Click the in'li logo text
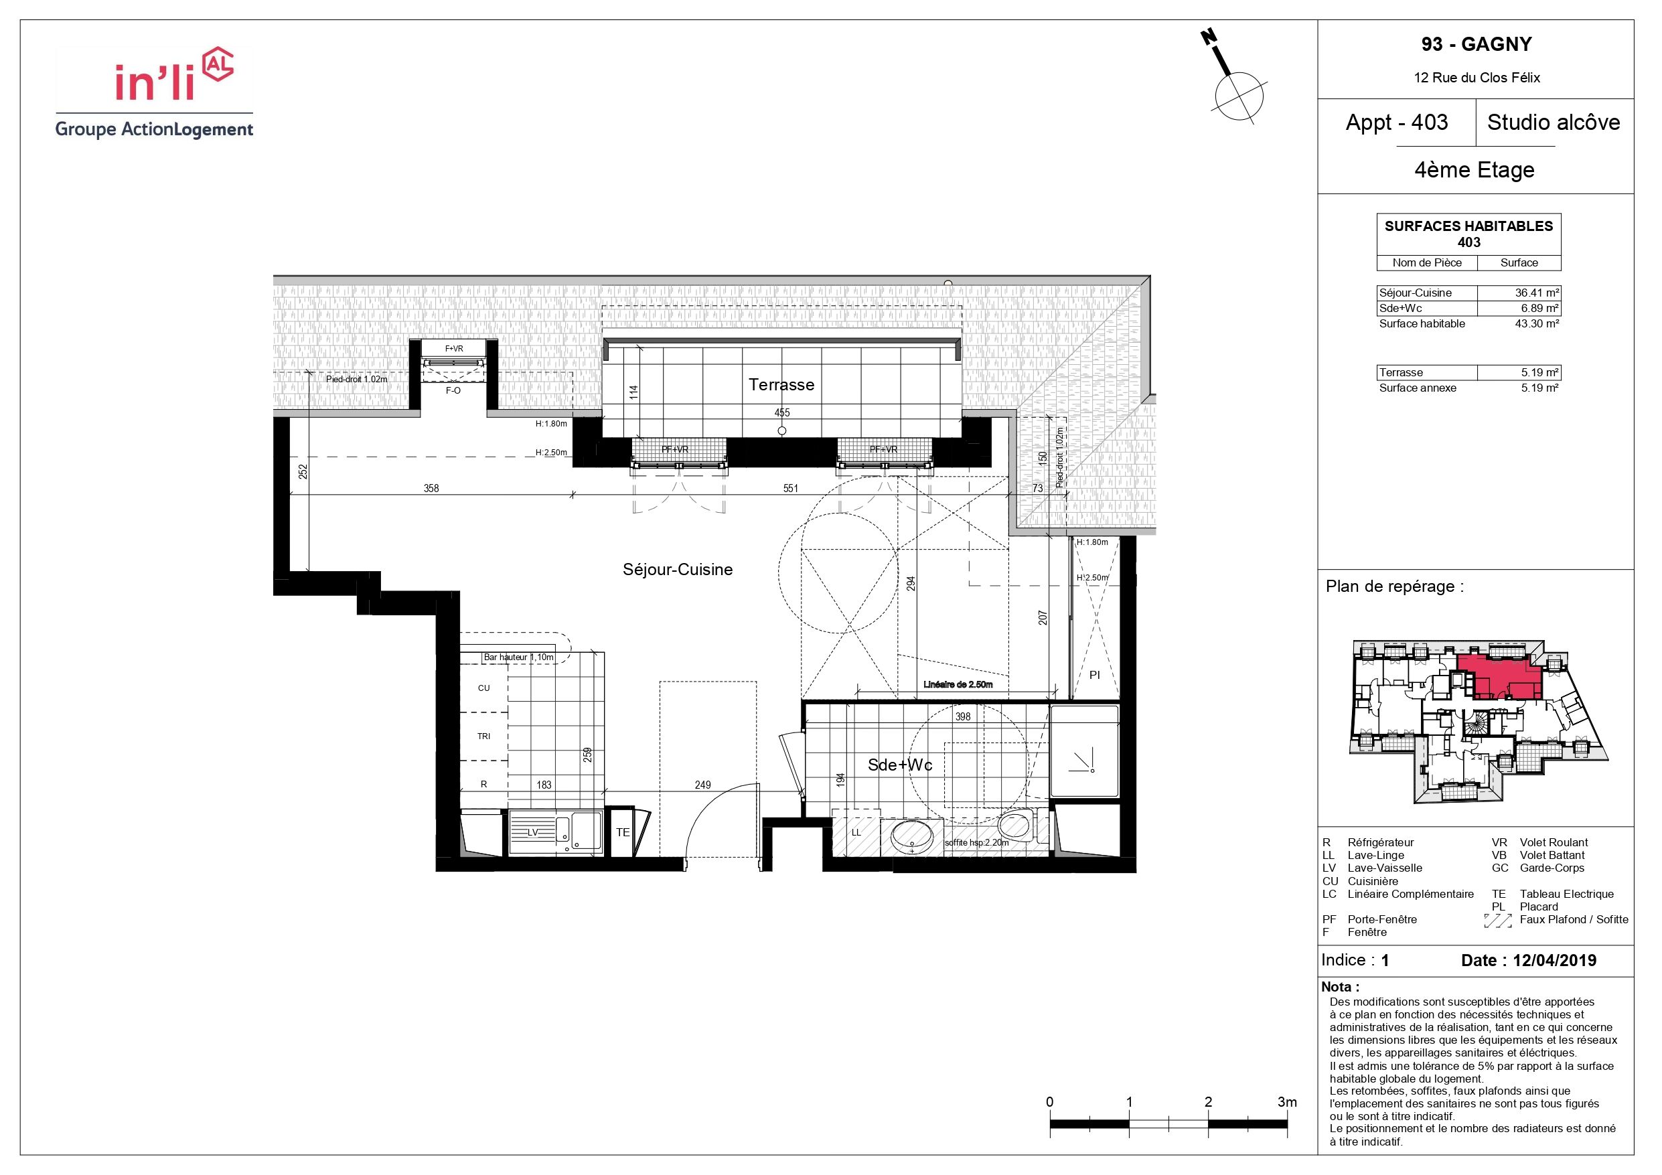[155, 82]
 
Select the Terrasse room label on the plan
[781, 384]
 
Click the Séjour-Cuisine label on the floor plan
[678, 570]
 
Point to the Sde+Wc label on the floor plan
[900, 765]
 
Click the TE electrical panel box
[623, 833]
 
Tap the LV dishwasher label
[532, 833]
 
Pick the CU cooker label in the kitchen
[483, 688]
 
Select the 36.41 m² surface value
[1537, 293]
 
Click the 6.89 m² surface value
[1539, 309]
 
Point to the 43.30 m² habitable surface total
[1537, 323]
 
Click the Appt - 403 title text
[1396, 123]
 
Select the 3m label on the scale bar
[1287, 1102]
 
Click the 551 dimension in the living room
[790, 489]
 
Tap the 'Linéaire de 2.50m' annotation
[958, 684]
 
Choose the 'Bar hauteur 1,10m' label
[518, 657]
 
